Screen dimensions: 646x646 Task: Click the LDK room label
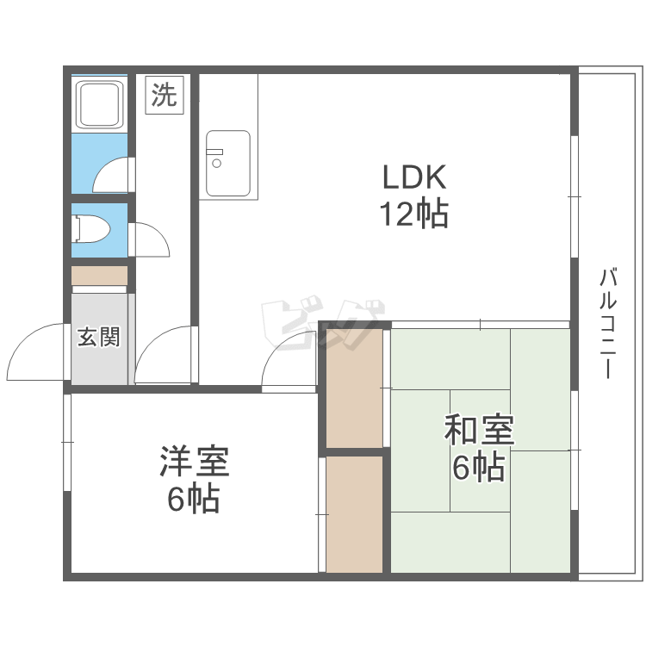(x=414, y=177)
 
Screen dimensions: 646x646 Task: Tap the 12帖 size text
(x=413, y=214)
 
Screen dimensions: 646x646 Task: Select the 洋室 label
(x=194, y=461)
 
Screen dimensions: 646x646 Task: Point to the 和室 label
(x=479, y=430)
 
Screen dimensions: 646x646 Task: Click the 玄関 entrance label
(x=99, y=337)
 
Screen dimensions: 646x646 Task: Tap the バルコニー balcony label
(x=607, y=323)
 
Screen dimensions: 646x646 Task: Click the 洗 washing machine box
(x=164, y=95)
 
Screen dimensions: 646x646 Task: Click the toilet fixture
(x=90, y=228)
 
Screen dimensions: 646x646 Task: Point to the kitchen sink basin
(x=228, y=164)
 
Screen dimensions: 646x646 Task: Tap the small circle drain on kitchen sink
(x=217, y=164)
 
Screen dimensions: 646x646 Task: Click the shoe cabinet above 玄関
(x=99, y=276)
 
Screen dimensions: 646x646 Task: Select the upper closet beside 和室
(x=355, y=388)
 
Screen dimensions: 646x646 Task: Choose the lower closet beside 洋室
(x=355, y=514)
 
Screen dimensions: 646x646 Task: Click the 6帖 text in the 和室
(x=479, y=467)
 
